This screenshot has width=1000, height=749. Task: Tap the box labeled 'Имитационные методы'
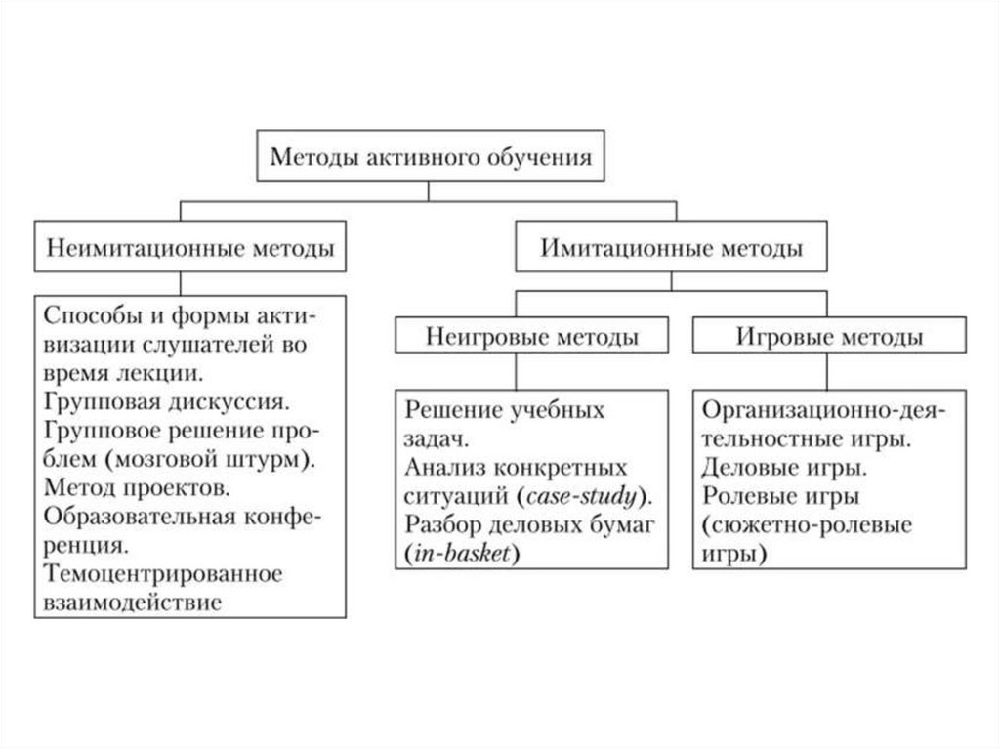pos(672,247)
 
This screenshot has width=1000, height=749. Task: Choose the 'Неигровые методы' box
pos(532,338)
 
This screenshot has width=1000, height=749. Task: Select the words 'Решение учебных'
pos(505,409)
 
